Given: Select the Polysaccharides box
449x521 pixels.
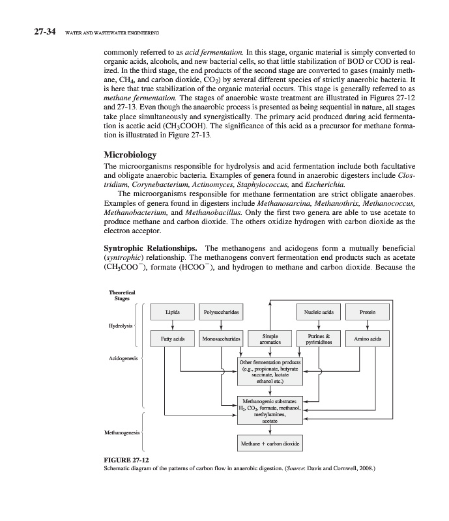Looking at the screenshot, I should [x=222, y=313].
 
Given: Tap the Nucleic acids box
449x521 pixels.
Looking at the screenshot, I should [x=319, y=313].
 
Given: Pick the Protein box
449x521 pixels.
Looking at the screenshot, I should [x=370, y=313].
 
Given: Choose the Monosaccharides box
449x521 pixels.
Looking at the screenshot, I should [x=222, y=339].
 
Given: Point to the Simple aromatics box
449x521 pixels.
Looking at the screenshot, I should [x=270, y=339].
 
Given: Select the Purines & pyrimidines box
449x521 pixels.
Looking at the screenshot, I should [x=319, y=339].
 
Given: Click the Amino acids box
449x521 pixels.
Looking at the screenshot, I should [x=370, y=339].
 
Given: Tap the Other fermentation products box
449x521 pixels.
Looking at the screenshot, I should [x=270, y=372].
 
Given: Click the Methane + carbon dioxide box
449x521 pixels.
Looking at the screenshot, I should [x=270, y=444].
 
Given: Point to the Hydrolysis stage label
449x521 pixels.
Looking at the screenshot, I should [x=121, y=325].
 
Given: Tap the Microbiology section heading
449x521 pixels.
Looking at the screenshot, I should [x=130, y=155].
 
